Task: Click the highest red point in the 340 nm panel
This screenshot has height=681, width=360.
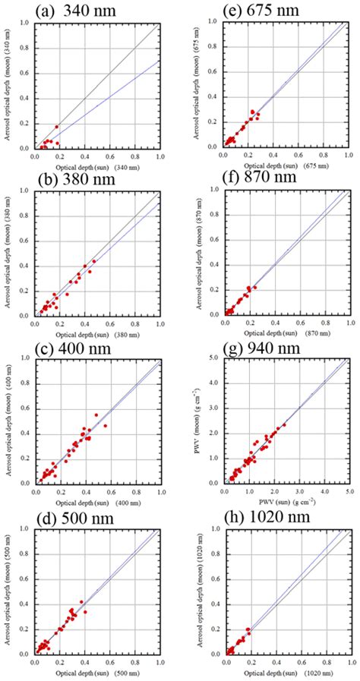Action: point(56,127)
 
